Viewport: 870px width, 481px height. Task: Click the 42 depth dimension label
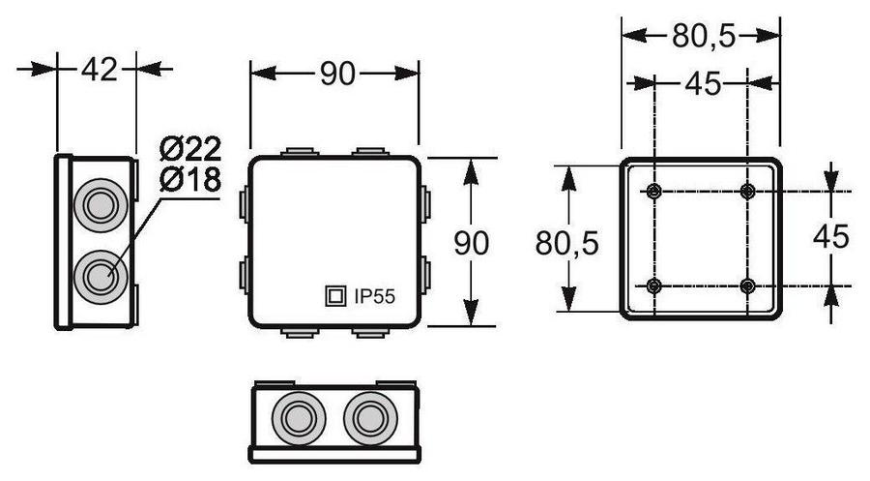pyautogui.click(x=100, y=70)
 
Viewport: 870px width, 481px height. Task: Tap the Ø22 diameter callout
pyautogui.click(x=190, y=149)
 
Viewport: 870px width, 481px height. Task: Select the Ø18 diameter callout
pyautogui.click(x=190, y=179)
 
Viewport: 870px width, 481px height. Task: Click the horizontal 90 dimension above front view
pyautogui.click(x=337, y=74)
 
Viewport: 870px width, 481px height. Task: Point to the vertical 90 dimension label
pyautogui.click(x=471, y=243)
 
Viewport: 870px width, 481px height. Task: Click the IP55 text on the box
pyautogui.click(x=374, y=296)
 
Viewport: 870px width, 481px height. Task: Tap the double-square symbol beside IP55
pyautogui.click(x=335, y=296)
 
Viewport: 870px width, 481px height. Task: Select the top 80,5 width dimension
pyautogui.click(x=704, y=37)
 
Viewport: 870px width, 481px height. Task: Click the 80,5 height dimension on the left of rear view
pyautogui.click(x=567, y=243)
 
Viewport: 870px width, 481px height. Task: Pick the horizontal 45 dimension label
pyautogui.click(x=703, y=84)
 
